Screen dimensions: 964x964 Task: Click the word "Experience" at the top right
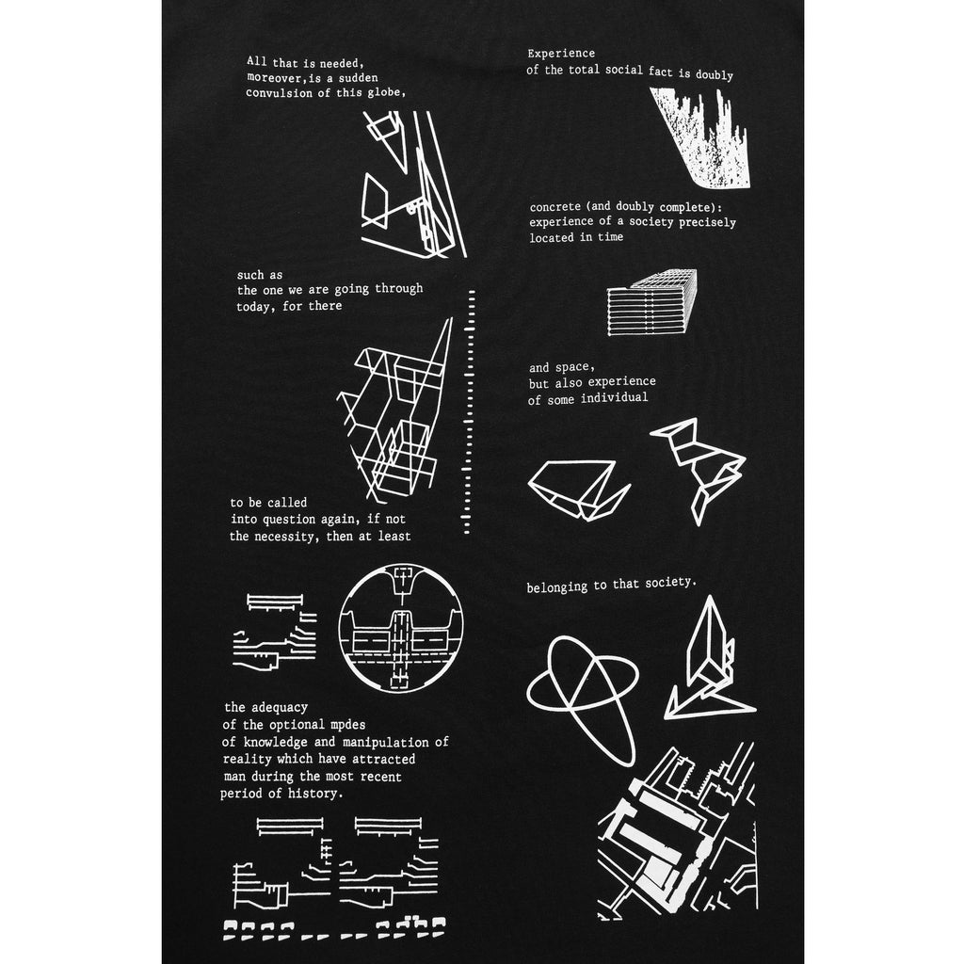(x=561, y=54)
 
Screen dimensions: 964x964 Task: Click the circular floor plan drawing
(x=400, y=628)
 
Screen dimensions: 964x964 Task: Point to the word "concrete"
(x=554, y=207)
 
